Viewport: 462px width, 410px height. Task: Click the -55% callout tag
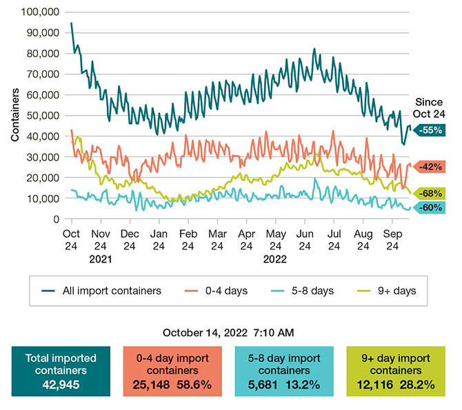[434, 130]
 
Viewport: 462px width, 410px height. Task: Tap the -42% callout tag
[434, 167]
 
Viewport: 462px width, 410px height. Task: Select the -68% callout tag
[434, 193]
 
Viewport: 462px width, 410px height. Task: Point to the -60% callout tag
[434, 207]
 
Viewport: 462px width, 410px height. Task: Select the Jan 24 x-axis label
[159, 239]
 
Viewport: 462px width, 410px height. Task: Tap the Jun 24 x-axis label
[305, 239]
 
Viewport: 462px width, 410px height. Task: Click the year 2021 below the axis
[101, 260]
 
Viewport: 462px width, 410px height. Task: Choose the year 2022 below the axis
[276, 260]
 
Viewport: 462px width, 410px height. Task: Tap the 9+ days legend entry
[396, 291]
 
